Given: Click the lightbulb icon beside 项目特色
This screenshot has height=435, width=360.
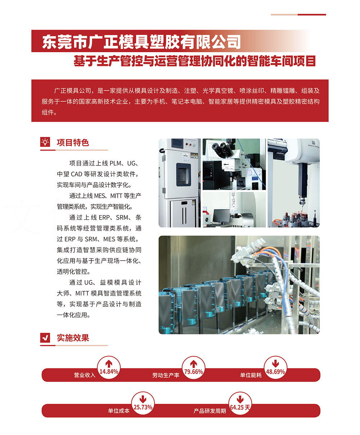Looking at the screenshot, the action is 45,142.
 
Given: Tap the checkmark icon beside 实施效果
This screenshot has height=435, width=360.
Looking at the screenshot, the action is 45,338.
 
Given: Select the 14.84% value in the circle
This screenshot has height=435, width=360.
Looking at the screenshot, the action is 109,372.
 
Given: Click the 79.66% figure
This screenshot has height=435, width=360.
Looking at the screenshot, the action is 194,372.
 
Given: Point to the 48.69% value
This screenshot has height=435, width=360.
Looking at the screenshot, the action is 275,372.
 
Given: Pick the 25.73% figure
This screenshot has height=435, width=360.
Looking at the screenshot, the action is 143,407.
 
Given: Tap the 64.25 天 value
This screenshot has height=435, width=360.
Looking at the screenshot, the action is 240,407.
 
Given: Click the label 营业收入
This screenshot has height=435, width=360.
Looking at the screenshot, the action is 85,375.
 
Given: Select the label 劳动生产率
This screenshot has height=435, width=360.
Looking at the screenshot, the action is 166,375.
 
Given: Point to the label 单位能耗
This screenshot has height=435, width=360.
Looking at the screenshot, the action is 251,375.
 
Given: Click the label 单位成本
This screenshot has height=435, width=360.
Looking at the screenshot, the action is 119,410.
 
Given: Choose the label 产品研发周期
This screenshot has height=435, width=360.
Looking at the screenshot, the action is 210,410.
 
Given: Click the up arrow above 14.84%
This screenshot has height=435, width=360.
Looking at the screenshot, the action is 109,364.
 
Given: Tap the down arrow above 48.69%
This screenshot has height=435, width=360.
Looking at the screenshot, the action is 275,364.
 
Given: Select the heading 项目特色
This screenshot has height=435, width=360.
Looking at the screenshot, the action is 73,143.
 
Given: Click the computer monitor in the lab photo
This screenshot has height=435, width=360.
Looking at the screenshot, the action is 221,216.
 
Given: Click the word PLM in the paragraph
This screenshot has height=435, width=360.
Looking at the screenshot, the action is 116,163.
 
